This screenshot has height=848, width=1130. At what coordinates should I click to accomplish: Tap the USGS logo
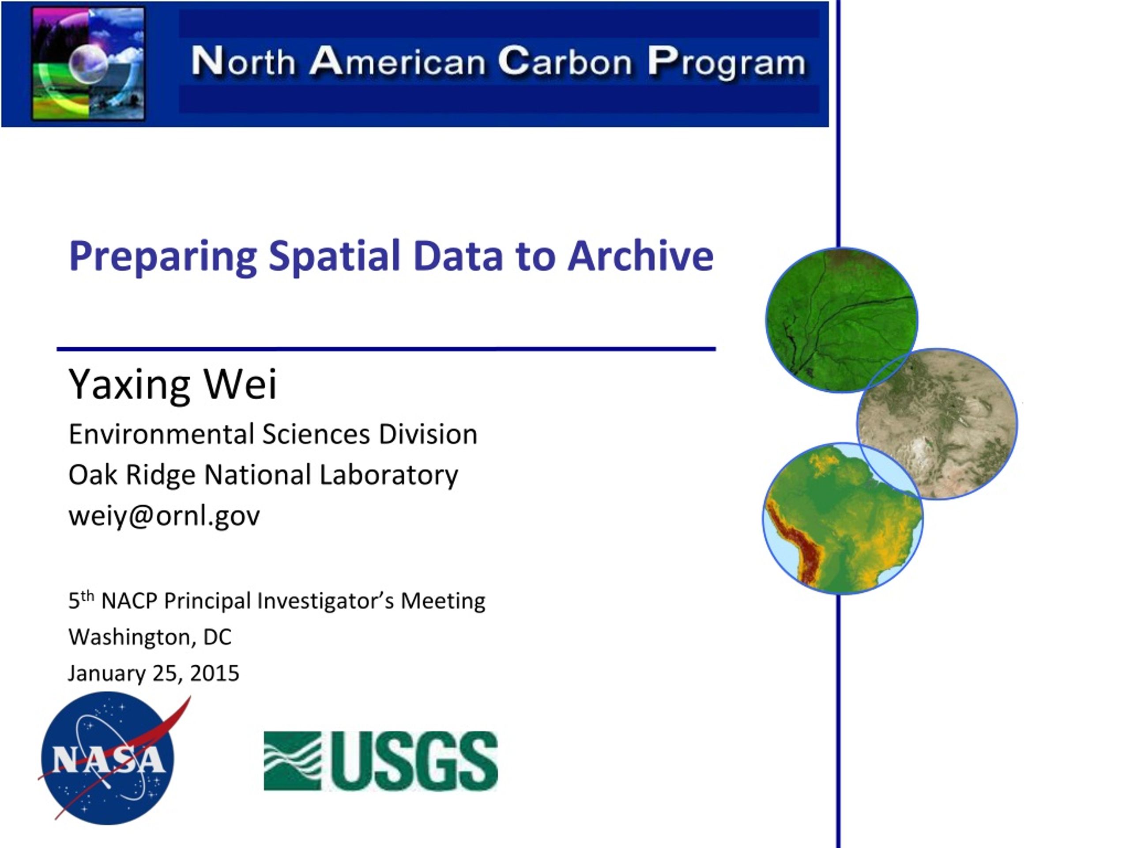tap(380, 761)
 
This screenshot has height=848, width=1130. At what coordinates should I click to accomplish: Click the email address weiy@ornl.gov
tap(164, 515)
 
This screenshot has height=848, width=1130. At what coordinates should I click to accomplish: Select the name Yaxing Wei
tap(173, 384)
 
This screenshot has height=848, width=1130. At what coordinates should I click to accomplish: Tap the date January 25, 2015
tap(153, 673)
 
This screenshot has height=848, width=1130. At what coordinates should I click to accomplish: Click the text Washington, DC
tap(150, 637)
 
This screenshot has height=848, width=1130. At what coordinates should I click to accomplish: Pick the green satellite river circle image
tap(841, 320)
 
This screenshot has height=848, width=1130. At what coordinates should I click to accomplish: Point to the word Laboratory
tap(389, 475)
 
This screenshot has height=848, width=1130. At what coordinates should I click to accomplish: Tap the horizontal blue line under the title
tap(386, 349)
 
